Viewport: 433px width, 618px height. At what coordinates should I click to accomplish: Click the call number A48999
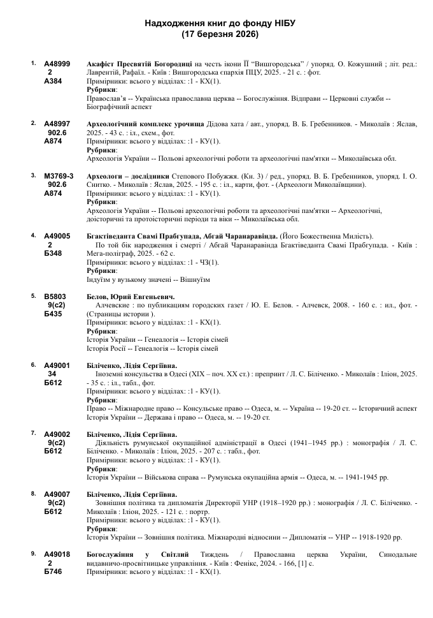[57, 64]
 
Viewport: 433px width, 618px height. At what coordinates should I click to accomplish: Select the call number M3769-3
[59, 175]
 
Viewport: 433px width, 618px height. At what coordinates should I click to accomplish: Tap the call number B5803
[55, 297]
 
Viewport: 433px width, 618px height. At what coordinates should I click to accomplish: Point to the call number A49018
[57, 555]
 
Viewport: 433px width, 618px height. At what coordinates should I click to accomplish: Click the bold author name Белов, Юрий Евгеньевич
[130, 297]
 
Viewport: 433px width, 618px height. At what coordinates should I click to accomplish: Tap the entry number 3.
[33, 175]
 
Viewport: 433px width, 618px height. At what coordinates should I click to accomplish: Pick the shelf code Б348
[53, 253]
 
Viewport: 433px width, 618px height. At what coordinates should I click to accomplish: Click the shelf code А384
[53, 82]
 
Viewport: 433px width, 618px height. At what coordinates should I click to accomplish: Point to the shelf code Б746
[53, 572]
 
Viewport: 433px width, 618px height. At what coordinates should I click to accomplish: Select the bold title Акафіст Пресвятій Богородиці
[139, 64]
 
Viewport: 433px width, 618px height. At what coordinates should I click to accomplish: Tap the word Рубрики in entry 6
[101, 400]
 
